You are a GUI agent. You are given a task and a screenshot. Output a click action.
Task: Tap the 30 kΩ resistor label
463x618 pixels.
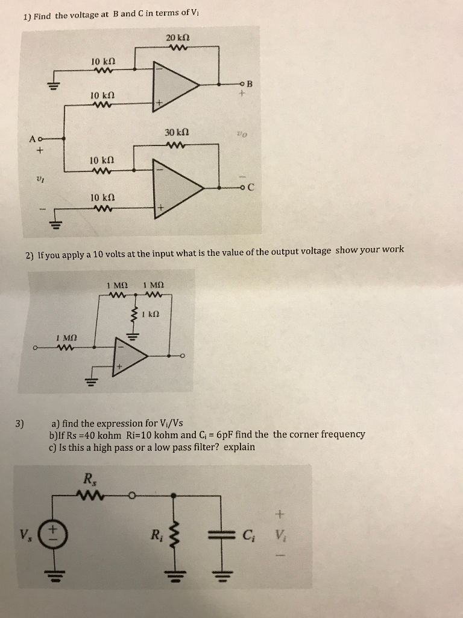click(x=177, y=132)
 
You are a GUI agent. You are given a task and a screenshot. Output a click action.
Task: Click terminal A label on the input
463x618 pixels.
click(x=31, y=139)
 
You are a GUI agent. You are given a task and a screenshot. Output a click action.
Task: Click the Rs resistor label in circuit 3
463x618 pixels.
click(x=89, y=480)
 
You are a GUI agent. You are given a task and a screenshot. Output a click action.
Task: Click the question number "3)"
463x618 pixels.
click(x=20, y=422)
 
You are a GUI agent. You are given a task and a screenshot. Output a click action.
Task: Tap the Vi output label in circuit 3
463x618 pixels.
click(x=279, y=535)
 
